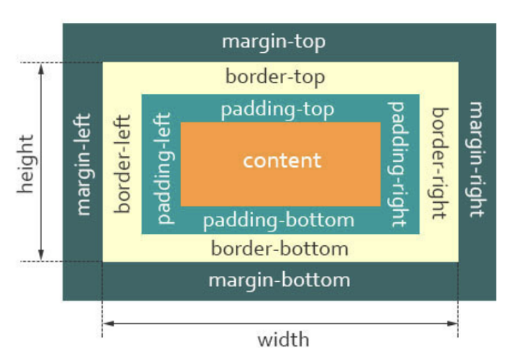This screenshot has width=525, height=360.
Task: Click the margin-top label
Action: point(274,43)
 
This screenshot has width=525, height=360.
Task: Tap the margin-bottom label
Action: point(279,280)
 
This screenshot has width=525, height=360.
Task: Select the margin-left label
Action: point(83,164)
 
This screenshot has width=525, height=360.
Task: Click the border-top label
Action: point(275,78)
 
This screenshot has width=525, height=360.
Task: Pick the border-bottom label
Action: point(279,248)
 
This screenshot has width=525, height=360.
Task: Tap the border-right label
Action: point(439,163)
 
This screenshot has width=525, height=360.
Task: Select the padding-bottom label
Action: point(278,221)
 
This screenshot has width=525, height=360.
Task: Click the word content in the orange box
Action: point(282,160)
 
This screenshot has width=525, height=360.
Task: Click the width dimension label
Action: point(283,340)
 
